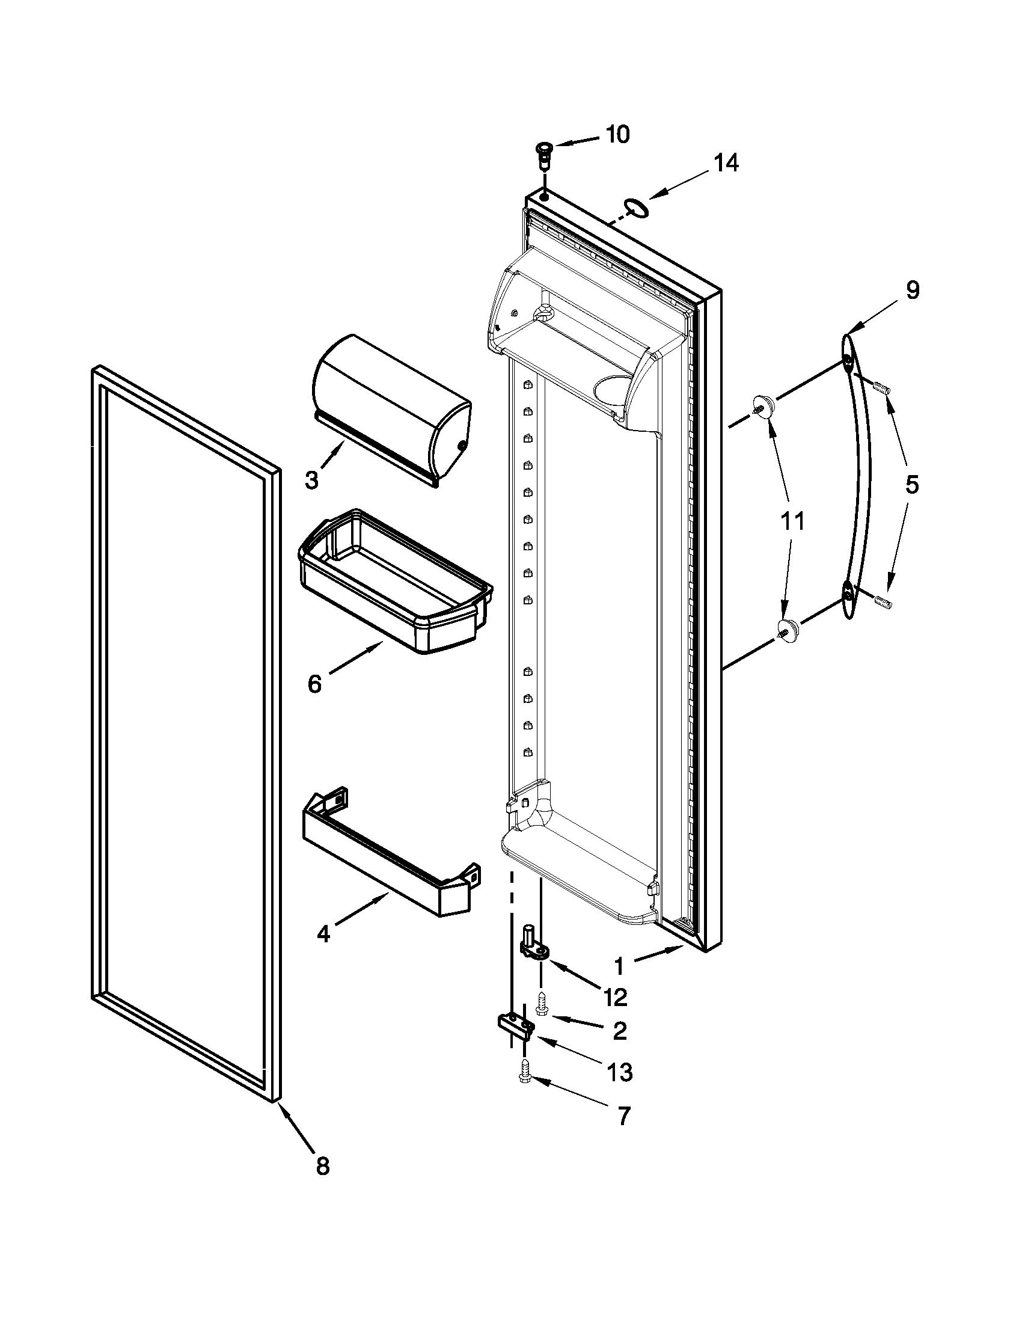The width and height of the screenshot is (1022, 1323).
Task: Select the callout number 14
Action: coord(726,163)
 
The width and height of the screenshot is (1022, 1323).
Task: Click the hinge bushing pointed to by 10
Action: coord(544,155)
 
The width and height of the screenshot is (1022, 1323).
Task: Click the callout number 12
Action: coord(615,997)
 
